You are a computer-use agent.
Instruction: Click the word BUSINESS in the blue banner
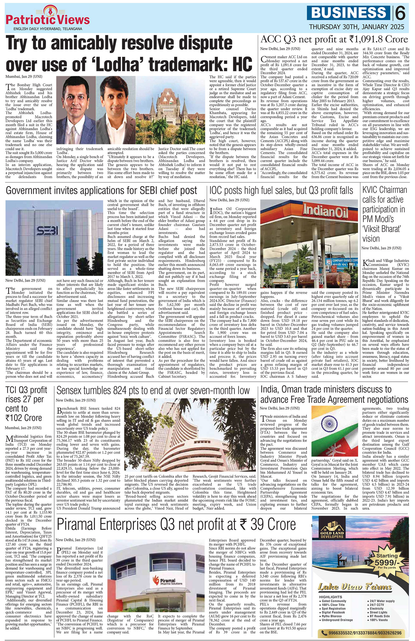click(349, 13)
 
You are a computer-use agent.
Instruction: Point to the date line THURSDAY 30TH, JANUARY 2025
click(356, 27)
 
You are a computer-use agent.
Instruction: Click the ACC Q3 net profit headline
click(334, 40)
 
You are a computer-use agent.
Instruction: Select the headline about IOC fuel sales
click(281, 190)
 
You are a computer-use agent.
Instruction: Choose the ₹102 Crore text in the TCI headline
click(24, 418)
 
